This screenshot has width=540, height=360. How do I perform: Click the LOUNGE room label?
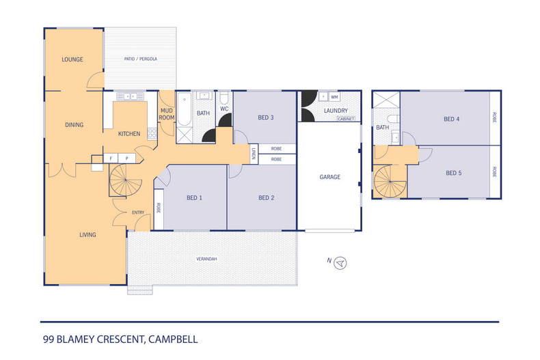[72, 59]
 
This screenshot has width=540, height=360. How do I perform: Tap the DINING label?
[74, 125]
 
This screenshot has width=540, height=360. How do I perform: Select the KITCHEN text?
[129, 134]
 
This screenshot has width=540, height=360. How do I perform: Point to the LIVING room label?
[87, 235]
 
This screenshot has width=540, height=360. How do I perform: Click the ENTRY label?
[138, 212]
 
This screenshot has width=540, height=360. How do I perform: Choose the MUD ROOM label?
[166, 113]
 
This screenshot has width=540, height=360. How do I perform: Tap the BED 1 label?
[195, 198]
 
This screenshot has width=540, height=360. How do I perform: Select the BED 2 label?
[266, 198]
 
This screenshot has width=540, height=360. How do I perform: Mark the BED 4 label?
[451, 120]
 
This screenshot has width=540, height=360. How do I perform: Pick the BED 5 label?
[453, 173]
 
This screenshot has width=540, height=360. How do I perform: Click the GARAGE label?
[330, 177]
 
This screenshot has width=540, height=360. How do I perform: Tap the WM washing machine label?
[335, 97]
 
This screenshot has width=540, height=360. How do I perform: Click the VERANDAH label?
[206, 260]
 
